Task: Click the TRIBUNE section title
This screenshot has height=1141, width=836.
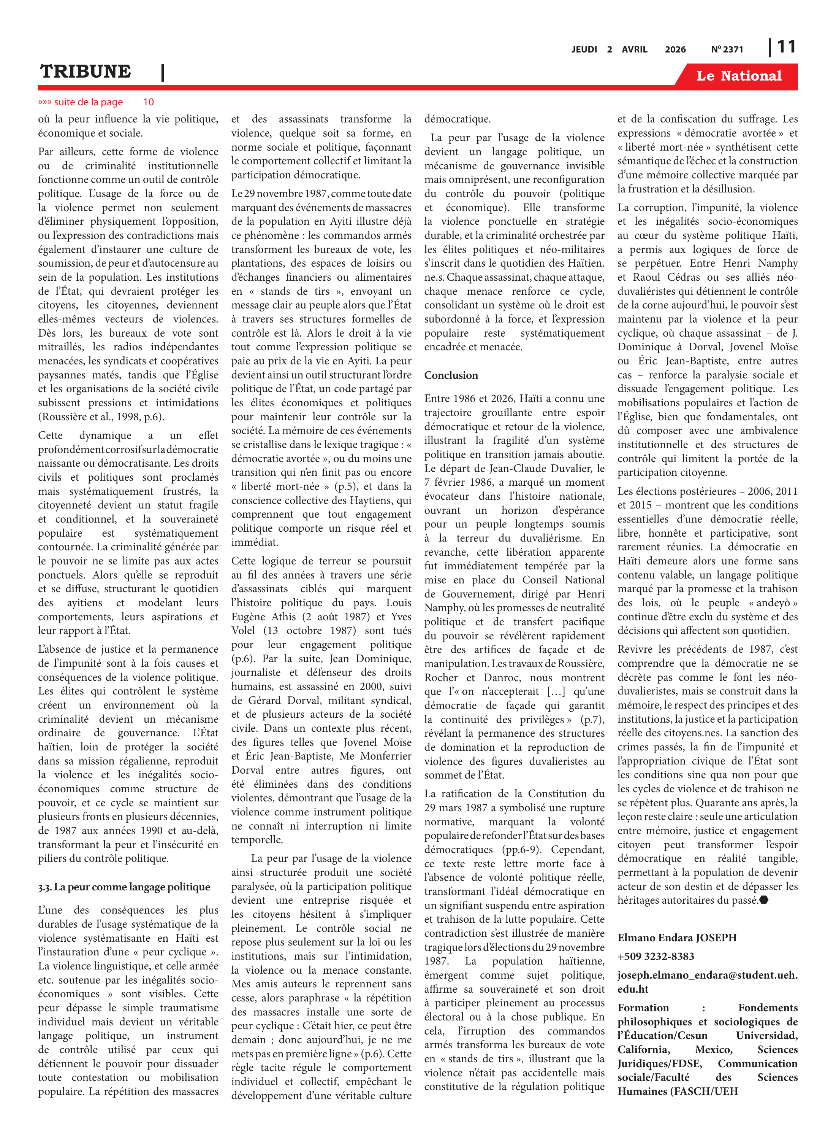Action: [85, 72]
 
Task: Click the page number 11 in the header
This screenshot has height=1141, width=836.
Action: [786, 47]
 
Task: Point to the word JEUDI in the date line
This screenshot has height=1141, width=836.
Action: [584, 49]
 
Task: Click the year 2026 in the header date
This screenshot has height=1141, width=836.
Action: [675, 49]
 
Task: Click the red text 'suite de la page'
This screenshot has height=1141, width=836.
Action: [88, 102]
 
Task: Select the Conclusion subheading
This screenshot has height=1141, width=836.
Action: [451, 375]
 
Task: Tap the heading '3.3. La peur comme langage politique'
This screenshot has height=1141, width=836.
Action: [124, 887]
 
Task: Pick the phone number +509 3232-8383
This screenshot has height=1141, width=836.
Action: [656, 956]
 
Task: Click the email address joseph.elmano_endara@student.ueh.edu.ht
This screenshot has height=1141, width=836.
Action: [707, 982]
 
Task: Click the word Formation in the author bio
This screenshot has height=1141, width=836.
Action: [643, 1008]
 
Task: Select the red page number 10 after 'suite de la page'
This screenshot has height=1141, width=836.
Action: [148, 102]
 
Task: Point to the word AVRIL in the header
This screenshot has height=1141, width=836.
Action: [635, 49]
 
